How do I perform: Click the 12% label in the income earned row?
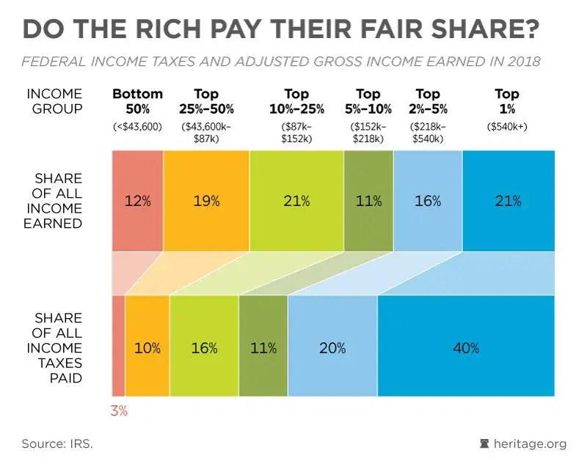click(x=137, y=201)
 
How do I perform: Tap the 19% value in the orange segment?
click(x=206, y=201)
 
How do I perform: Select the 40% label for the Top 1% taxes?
click(x=465, y=348)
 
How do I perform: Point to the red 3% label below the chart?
click(x=119, y=411)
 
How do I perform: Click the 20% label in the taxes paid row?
click(x=332, y=348)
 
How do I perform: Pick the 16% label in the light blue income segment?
click(x=428, y=201)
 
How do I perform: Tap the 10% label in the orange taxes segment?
click(x=147, y=348)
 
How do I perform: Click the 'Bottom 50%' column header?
click(x=138, y=101)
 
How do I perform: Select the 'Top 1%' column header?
click(x=507, y=101)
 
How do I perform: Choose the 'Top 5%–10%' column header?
click(x=368, y=101)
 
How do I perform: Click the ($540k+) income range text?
click(x=507, y=127)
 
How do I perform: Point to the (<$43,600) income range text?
click(x=138, y=127)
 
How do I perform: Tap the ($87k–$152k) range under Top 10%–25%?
click(x=296, y=132)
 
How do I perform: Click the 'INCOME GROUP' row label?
click(x=54, y=101)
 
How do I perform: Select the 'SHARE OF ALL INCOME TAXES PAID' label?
click(x=58, y=348)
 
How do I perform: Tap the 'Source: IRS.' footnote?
click(x=57, y=443)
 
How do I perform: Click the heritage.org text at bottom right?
click(x=530, y=443)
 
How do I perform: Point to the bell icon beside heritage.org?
click(x=483, y=443)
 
